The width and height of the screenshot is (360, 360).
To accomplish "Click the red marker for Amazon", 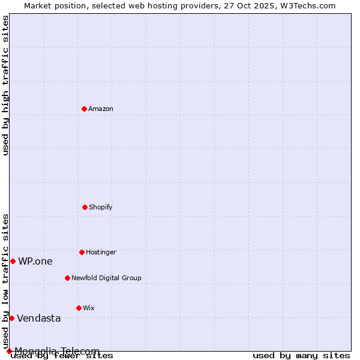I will [x=84, y=109].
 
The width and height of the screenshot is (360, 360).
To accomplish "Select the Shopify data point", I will [x=85, y=207].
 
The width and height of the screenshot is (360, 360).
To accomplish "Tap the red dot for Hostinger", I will [x=82, y=252].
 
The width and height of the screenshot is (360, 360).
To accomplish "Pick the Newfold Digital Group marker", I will [x=67, y=278].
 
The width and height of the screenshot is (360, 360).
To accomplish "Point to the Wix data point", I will [x=79, y=308].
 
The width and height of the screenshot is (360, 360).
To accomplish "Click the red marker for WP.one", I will [x=13, y=261].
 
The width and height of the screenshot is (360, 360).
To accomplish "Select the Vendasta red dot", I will [x=11, y=318].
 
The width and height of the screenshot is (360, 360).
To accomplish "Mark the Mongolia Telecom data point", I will [x=9, y=351].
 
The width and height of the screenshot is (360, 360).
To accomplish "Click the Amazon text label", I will [x=101, y=109].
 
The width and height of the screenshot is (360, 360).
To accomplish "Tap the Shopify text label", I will [x=101, y=207].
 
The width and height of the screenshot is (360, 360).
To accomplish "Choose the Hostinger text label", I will [x=101, y=252].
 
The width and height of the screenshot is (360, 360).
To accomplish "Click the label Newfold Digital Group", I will [x=106, y=278].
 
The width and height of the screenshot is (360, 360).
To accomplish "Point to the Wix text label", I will [x=89, y=308].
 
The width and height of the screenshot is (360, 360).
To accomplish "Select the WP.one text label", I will [x=35, y=261].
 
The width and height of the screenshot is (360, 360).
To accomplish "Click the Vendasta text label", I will [x=39, y=318].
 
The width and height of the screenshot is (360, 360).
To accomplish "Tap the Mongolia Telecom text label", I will [x=57, y=350].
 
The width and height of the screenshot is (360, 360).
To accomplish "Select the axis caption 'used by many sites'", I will [x=301, y=355].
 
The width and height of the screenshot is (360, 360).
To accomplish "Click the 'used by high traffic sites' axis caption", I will [x=5, y=85].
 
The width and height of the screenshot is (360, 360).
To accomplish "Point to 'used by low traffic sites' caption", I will [x=5, y=281].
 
